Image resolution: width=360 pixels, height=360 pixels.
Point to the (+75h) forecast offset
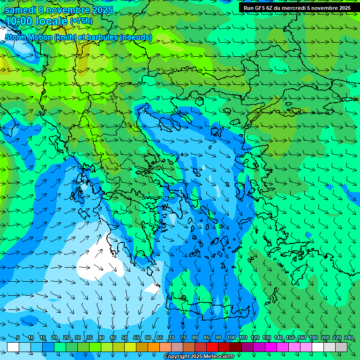(x=81, y=21)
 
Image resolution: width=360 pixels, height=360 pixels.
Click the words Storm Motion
(x=29, y=37)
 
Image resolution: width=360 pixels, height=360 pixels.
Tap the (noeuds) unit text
(x=136, y=37)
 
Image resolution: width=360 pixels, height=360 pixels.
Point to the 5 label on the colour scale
(x=18, y=337)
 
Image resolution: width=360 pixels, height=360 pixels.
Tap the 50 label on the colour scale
(x=125, y=337)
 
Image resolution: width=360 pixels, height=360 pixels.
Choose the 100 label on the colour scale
(x=232, y=337)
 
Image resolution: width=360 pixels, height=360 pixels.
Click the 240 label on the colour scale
(x=349, y=337)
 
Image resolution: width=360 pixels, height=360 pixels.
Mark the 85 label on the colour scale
(x=207, y=337)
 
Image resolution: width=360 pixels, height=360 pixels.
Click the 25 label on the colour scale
(x=66, y=337)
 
